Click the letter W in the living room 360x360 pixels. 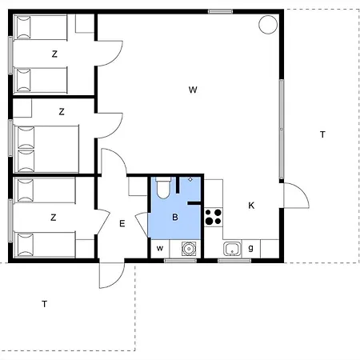[x=193, y=90]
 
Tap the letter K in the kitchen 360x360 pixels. [x=251, y=206]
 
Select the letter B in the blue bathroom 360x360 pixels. [x=175, y=217]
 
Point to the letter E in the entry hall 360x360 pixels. [x=122, y=223]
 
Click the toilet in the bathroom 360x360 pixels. [x=163, y=187]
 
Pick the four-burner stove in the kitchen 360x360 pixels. [x=214, y=217]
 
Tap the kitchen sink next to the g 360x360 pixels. [x=232, y=249]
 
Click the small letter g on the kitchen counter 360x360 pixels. [x=250, y=248]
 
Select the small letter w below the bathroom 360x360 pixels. [x=160, y=249]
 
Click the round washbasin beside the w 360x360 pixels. [x=189, y=249]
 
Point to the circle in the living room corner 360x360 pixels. [x=268, y=25]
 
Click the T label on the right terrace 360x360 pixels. [x=322, y=134]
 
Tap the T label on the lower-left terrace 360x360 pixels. [x=45, y=304]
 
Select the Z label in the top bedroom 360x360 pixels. [x=54, y=54]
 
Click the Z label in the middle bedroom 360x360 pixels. [x=62, y=111]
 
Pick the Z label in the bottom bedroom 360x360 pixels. [x=54, y=218]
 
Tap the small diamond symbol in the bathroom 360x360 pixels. [x=190, y=179]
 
